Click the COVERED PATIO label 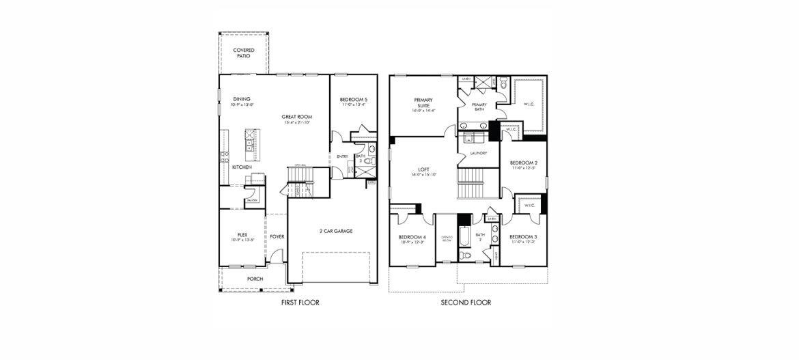[244, 53]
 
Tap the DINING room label [241, 98]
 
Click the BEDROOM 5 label [353, 100]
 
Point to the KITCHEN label [242, 167]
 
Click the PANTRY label [252, 200]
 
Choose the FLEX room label [242, 234]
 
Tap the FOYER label [277, 237]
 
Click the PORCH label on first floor [255, 279]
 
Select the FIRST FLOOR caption [300, 302]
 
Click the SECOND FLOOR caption [465, 302]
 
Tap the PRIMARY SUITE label [423, 102]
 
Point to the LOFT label [423, 170]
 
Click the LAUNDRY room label [478, 153]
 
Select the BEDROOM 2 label [523, 163]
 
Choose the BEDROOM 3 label [523, 236]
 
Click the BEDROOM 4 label [412, 237]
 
